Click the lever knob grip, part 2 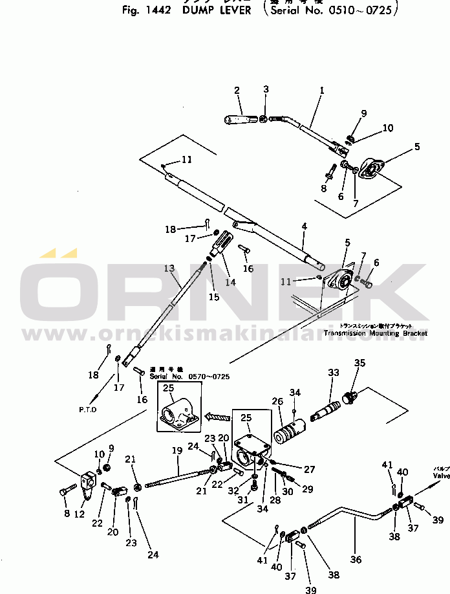(242, 119)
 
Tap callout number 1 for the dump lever (321, 92)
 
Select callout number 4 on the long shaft (304, 226)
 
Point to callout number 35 (359, 363)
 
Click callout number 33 (334, 373)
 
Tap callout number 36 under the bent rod (356, 560)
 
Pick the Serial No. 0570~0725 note (189, 377)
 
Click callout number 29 (308, 490)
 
